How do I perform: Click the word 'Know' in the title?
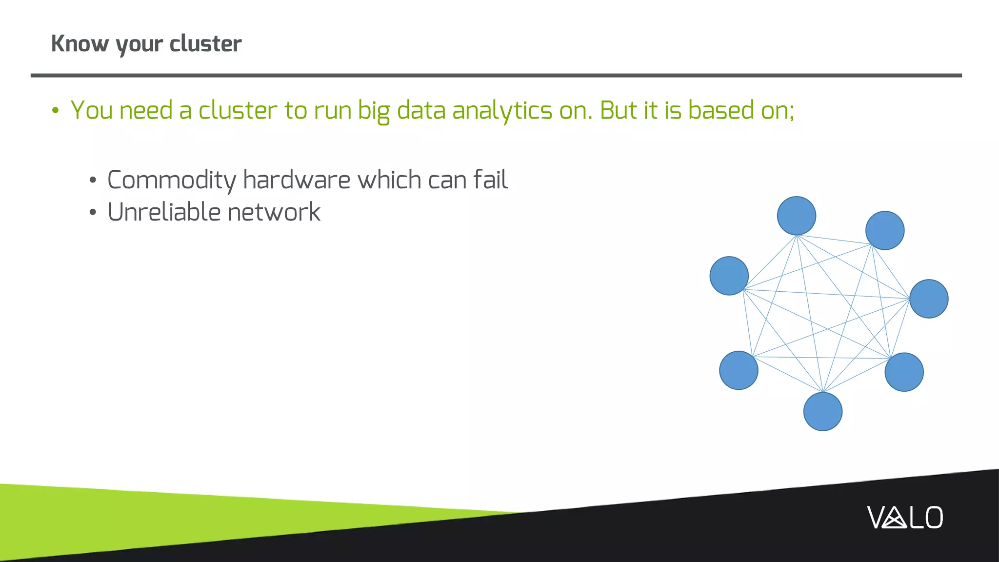tap(80, 44)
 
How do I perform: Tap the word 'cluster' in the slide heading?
tap(205, 44)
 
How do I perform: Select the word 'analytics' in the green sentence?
tap(502, 111)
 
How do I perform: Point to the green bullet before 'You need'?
tap(55, 111)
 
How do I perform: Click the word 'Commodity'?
tap(171, 181)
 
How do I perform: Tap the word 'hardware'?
tap(297, 180)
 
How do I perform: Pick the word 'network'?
tap(274, 212)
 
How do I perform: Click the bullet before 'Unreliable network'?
tap(93, 213)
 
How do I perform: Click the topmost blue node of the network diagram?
tap(796, 216)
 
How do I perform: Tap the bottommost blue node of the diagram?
tap(822, 412)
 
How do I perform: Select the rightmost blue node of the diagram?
tap(929, 299)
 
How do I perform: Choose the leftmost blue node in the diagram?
tap(729, 276)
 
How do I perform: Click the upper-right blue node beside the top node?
tap(884, 230)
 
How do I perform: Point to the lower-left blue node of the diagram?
tap(739, 370)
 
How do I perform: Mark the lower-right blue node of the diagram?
tap(904, 372)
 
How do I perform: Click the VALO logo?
tap(905, 518)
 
